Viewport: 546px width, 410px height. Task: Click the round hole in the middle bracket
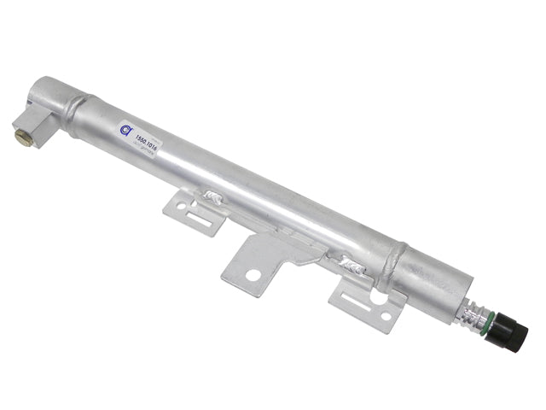pyautogui.click(x=253, y=275)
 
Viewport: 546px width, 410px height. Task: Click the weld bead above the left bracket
pyautogui.click(x=212, y=198)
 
